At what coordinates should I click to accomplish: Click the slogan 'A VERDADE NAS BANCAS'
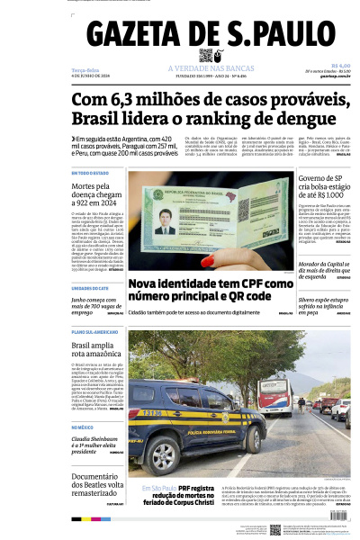208,68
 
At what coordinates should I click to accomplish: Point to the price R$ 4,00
340,65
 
